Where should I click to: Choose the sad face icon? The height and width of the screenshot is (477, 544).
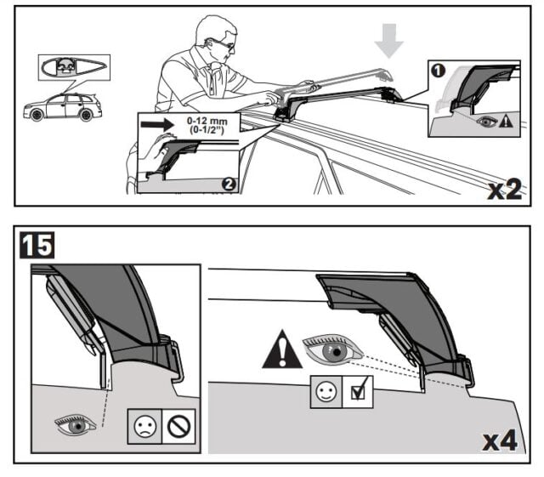pyautogui.click(x=143, y=425)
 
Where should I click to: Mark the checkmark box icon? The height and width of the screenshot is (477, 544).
pyautogui.click(x=356, y=394)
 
